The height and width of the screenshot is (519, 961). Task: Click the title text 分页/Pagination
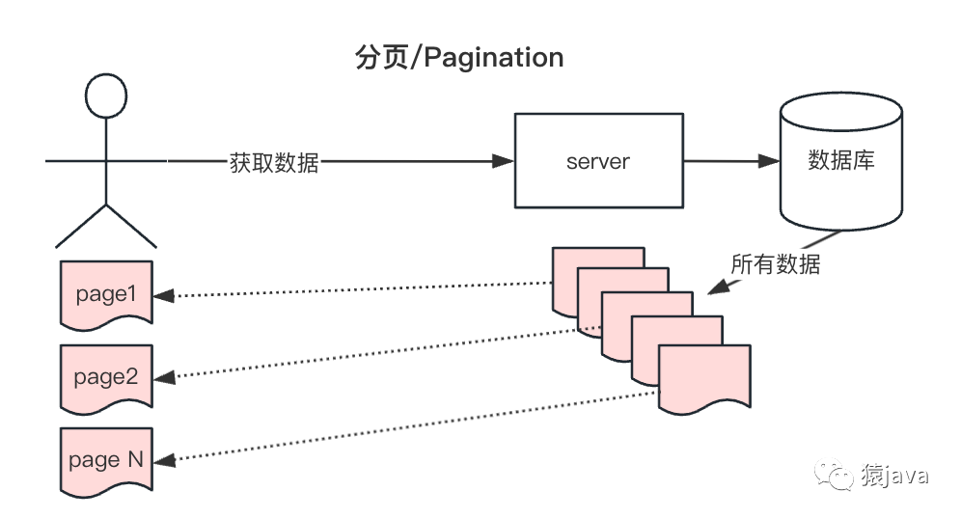(x=459, y=58)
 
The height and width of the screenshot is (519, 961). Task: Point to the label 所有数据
(x=775, y=263)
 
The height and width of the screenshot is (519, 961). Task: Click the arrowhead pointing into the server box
(x=502, y=161)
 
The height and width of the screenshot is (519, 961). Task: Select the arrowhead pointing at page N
(x=166, y=461)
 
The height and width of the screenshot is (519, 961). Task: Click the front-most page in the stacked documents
(x=704, y=376)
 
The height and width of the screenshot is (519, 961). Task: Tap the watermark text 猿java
(x=895, y=475)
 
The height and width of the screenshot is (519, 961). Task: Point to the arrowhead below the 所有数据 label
(x=716, y=288)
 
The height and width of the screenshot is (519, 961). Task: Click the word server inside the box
(x=597, y=161)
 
